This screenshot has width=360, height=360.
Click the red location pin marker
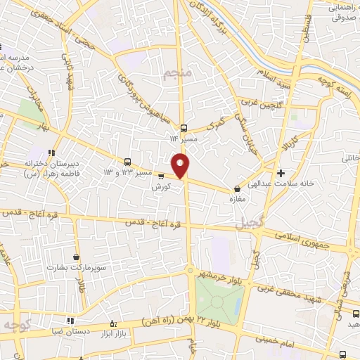pyautogui.click(x=181, y=166)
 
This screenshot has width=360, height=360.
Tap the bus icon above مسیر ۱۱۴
pyautogui.click(x=184, y=128)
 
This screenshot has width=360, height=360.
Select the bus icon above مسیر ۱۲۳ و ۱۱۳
pyautogui.click(x=127, y=161)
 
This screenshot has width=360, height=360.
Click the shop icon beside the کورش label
pyautogui.click(x=161, y=176)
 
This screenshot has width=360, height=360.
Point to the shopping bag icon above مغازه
pyautogui.click(x=237, y=188)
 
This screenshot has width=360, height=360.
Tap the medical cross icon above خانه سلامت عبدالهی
pyautogui.click(x=281, y=172)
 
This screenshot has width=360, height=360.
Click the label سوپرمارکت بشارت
pyautogui.click(x=75, y=268)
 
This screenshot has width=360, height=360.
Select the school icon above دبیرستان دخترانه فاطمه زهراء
pyautogui.click(x=51, y=153)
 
